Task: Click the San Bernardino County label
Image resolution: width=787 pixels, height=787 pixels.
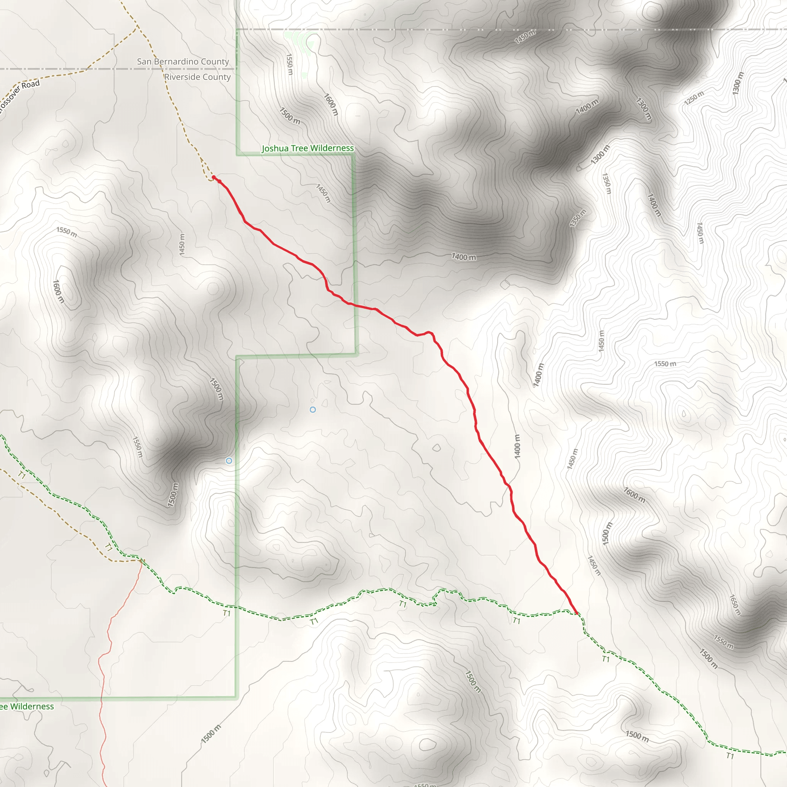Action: (x=183, y=61)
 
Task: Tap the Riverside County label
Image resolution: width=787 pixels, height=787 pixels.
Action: (x=197, y=77)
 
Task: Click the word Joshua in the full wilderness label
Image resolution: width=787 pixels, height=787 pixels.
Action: (x=275, y=148)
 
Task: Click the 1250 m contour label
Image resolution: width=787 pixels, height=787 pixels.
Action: (x=694, y=97)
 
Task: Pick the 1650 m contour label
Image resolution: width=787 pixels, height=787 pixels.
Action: (x=734, y=605)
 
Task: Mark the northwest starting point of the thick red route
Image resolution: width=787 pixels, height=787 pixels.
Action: (x=213, y=177)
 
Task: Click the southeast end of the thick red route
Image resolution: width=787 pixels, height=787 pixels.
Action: (x=577, y=613)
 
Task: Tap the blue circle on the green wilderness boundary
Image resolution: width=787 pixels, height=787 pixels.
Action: (x=229, y=461)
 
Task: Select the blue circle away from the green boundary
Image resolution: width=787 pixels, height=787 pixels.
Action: (x=312, y=409)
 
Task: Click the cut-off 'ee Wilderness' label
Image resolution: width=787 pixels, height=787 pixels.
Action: (x=27, y=706)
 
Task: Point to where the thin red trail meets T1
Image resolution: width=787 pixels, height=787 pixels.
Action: (x=141, y=561)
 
